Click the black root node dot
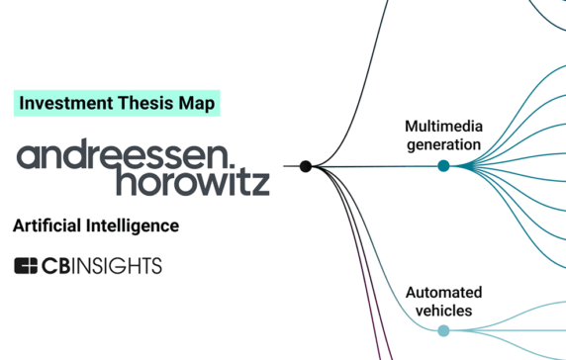click(306, 166)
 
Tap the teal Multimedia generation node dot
click(443, 166)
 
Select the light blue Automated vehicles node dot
click(443, 330)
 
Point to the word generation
click(442, 144)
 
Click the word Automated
click(443, 293)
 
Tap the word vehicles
click(443, 311)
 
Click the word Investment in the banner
click(61, 102)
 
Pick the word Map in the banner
click(196, 102)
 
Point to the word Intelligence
click(135, 226)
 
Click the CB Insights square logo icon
click(26, 265)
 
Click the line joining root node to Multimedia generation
click(376, 166)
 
